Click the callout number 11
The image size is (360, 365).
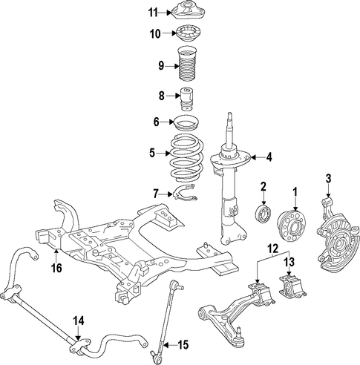[x=153, y=13]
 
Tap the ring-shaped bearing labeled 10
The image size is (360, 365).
[x=188, y=35]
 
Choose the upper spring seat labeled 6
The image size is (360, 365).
[x=187, y=122]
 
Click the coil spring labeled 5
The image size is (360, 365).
[x=187, y=156]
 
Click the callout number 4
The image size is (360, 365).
[x=269, y=157]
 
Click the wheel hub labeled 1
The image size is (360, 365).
[x=291, y=226]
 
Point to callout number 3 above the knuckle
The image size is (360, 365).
[x=328, y=178]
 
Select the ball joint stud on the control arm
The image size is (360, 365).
[x=238, y=330]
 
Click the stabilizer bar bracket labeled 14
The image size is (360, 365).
[x=80, y=346]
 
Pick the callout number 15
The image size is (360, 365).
[x=183, y=345]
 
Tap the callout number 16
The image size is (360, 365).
[x=56, y=268]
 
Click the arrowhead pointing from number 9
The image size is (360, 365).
[x=177, y=66]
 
